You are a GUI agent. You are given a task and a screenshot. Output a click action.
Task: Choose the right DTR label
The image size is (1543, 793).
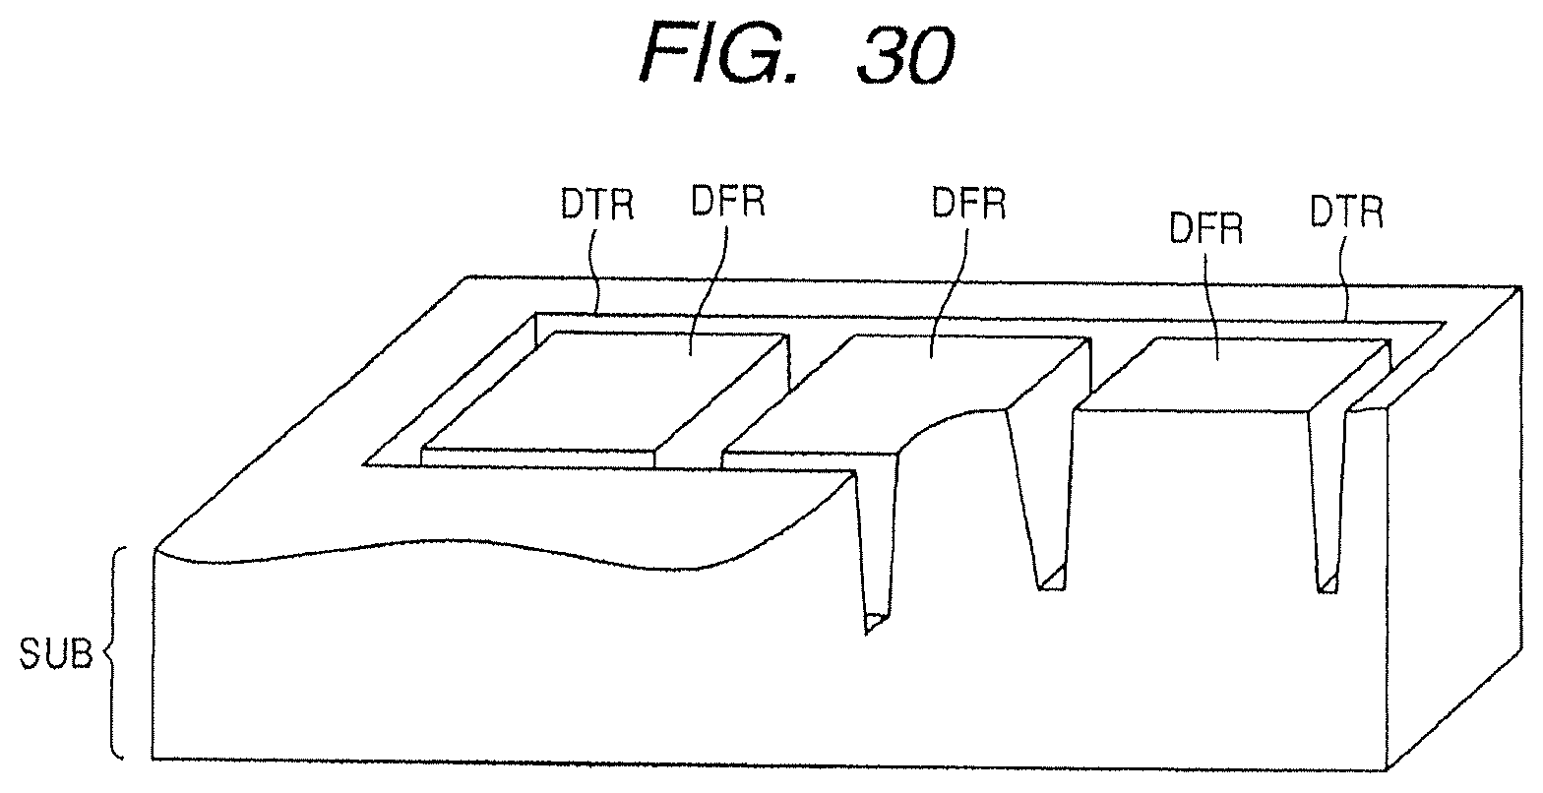pos(1347,211)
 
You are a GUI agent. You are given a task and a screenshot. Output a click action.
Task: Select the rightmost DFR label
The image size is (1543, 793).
pos(1206,228)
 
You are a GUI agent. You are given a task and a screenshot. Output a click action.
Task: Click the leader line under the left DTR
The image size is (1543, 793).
pos(593,271)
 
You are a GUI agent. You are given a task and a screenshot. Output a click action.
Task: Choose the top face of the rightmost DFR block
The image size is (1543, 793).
pos(1230,374)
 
